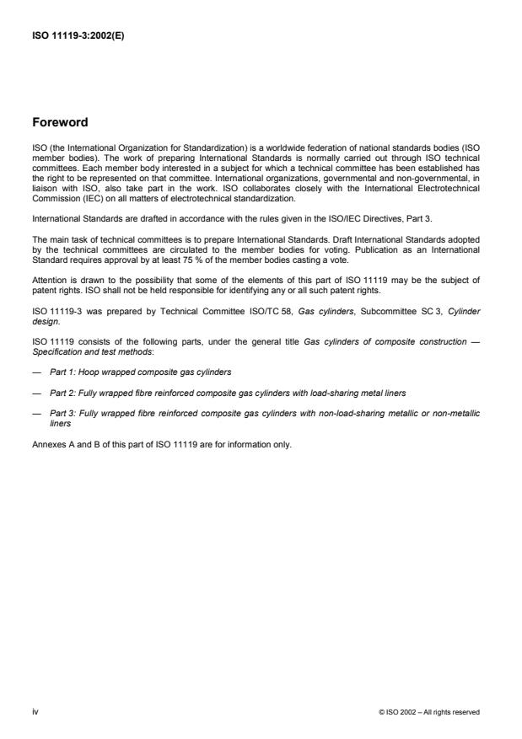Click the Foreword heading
[x=59, y=123]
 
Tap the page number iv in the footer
[x=35, y=711]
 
